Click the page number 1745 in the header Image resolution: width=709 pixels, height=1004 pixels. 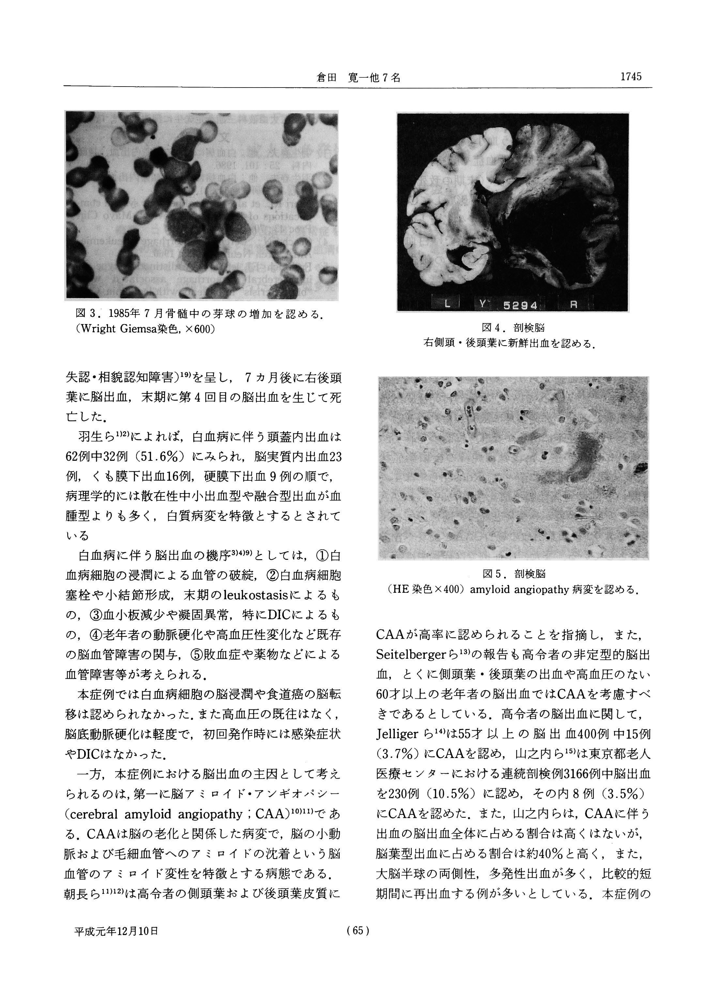tap(630, 77)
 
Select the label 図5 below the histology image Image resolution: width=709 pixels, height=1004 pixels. tap(491, 573)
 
